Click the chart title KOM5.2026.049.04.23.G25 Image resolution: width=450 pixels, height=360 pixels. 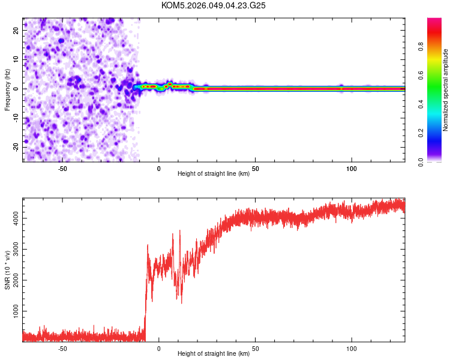(x=214, y=5)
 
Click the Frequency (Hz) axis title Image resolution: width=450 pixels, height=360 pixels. (x=7, y=88)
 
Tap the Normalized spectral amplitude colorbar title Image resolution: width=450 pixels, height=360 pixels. (x=446, y=90)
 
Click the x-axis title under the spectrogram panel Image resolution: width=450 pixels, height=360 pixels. (x=214, y=174)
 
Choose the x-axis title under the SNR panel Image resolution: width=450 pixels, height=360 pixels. (x=214, y=354)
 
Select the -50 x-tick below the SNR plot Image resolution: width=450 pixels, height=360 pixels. (x=62, y=347)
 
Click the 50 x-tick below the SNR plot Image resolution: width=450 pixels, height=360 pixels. (x=256, y=347)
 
